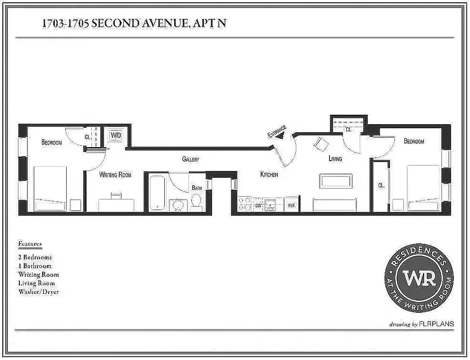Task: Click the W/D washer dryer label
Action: [116, 135]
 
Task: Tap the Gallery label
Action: [190, 159]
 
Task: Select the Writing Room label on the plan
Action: [115, 175]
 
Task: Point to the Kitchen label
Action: [269, 175]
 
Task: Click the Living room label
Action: [335, 159]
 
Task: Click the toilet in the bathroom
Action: [197, 201]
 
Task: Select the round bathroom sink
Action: [179, 205]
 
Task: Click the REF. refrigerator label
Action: [291, 206]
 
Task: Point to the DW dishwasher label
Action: [258, 206]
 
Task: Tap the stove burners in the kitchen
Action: [246, 204]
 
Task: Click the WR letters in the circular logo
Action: [419, 278]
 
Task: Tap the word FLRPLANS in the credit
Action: [436, 324]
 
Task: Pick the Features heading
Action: [30, 244]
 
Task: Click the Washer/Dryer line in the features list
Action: [38, 292]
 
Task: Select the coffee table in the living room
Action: [335, 181]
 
